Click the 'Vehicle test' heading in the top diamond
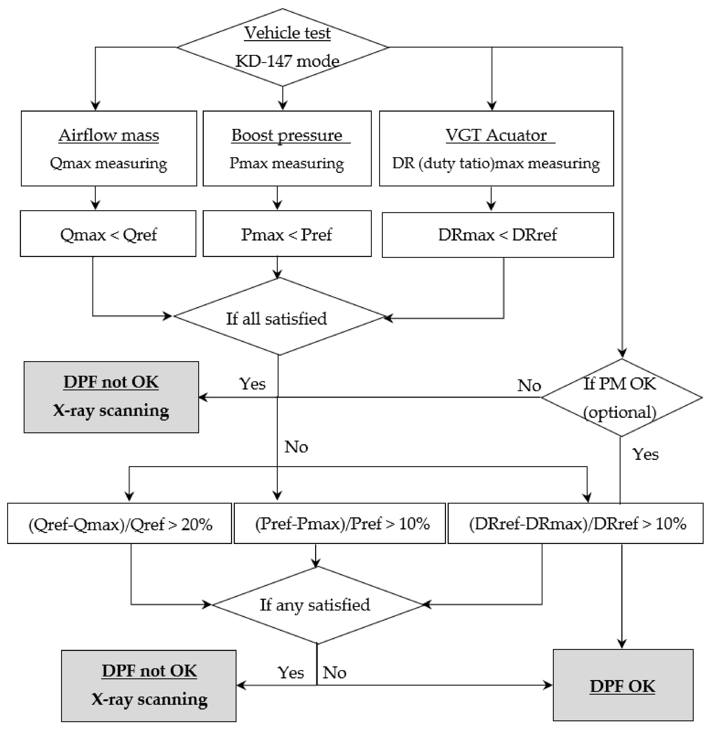pos(287,33)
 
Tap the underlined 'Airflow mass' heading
pos(108,135)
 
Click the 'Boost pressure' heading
pos(287,135)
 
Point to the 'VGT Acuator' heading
pos(496,135)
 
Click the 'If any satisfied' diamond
pos(315,605)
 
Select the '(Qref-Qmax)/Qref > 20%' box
pos(120,524)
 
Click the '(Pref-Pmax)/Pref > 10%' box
pos(340,524)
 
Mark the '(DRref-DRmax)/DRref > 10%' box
pos(575,524)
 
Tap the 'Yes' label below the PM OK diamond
pos(645,454)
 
